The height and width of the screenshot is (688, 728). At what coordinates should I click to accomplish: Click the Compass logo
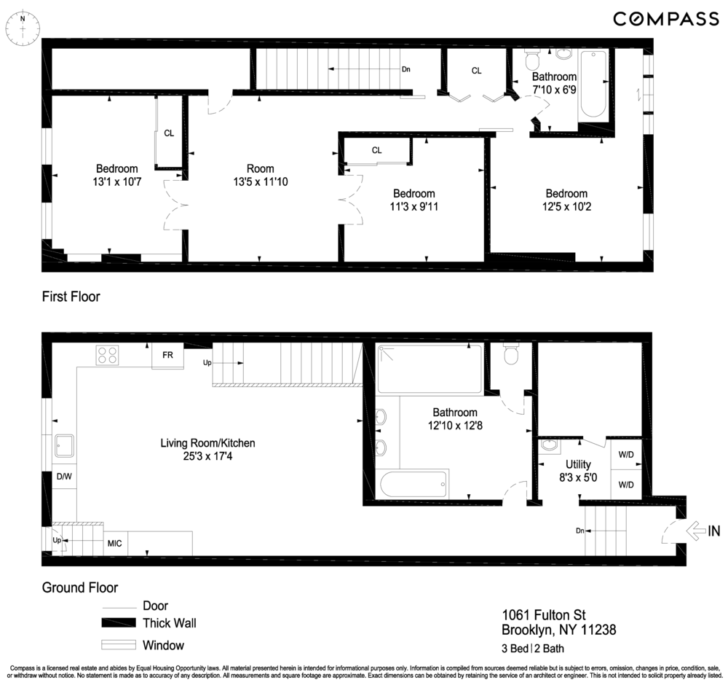(x=665, y=19)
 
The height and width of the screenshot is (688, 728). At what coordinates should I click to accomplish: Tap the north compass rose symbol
(x=23, y=28)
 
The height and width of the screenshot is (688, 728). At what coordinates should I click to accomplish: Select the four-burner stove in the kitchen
(x=108, y=355)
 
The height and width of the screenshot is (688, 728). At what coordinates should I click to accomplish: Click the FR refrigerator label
(x=167, y=355)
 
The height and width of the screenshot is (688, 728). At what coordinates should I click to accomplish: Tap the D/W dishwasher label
(x=63, y=477)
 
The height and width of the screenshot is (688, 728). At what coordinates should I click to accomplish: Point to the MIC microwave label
(x=114, y=544)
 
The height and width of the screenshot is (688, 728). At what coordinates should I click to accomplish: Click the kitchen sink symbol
(x=63, y=445)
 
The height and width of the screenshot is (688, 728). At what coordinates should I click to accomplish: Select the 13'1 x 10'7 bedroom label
(x=116, y=175)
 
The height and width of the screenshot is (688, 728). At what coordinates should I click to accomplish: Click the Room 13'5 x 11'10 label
(x=260, y=175)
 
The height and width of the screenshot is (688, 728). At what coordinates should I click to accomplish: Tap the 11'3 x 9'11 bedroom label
(x=414, y=200)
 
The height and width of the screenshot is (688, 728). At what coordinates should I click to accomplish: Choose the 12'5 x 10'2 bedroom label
(x=566, y=200)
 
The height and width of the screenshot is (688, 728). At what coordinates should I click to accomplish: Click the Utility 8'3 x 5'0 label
(x=578, y=470)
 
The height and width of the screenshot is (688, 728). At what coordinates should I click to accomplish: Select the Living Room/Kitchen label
(x=207, y=449)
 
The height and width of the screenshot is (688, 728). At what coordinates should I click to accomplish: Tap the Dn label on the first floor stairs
(x=405, y=69)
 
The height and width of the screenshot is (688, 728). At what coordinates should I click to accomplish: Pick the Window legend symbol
(x=119, y=645)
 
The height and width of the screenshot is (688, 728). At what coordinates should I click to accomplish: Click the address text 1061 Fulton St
(x=544, y=615)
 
